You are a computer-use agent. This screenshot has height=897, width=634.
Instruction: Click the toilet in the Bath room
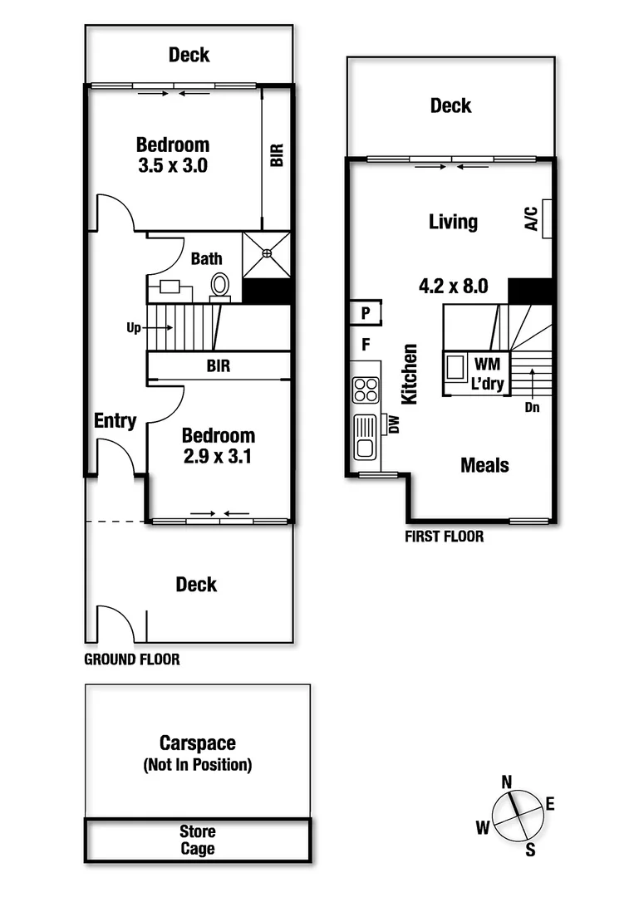220,285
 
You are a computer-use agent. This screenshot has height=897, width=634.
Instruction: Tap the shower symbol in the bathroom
266,254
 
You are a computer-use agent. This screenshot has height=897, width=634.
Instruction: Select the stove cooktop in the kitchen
366,390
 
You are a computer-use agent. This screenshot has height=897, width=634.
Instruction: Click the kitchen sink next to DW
365,437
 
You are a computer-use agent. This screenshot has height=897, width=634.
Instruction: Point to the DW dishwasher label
394,425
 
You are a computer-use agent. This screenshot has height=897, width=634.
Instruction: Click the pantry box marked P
365,313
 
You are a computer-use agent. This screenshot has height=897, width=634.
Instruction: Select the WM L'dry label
485,370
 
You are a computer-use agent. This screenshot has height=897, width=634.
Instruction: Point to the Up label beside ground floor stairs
134,328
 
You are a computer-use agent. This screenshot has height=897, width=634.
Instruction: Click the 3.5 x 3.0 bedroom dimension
173,164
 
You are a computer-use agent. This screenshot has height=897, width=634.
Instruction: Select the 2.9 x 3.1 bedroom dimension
219,455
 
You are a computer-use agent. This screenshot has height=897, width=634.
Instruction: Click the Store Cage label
198,840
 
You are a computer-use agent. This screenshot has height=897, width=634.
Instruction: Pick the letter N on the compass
506,781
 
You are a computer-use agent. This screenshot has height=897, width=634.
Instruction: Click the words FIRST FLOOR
444,537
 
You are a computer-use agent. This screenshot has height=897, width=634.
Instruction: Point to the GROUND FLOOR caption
132,660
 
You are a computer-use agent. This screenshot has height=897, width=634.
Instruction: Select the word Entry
115,421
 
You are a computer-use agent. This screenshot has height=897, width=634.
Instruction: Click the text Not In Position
198,764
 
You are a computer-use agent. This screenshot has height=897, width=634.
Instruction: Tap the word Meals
485,465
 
